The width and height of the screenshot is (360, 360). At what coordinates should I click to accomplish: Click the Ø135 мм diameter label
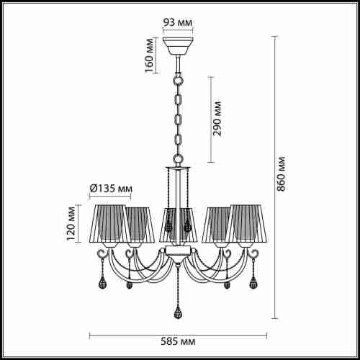click(111, 189)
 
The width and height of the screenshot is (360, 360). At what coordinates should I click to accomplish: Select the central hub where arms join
click(177, 251)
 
